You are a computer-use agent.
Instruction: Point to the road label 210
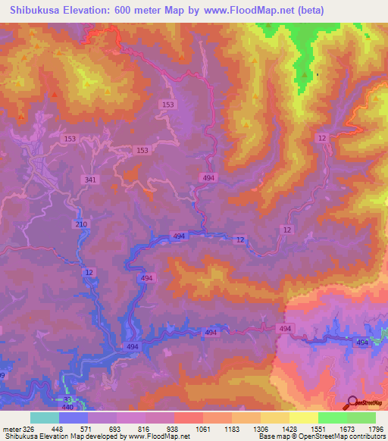(82, 224)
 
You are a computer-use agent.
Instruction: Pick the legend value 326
(28, 428)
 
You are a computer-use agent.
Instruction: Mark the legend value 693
(114, 428)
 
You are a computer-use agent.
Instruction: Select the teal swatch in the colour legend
(45, 418)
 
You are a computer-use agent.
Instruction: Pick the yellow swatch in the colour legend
(303, 418)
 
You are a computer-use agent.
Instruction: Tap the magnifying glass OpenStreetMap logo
(353, 403)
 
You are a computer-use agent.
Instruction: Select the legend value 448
(56, 428)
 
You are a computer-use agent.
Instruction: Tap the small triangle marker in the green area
(306, 74)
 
